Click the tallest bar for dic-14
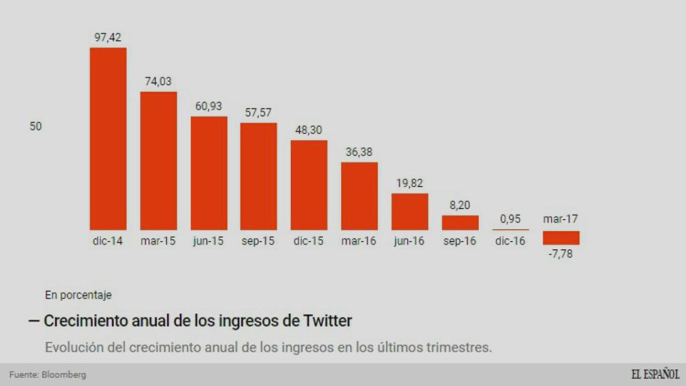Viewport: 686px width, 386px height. tap(108, 139)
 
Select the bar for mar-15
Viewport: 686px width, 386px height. tap(158, 161)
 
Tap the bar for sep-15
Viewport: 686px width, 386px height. tap(259, 176)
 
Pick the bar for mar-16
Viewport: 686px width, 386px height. tap(359, 196)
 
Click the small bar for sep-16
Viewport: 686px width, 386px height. tap(460, 222)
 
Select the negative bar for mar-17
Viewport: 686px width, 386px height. tap(561, 238)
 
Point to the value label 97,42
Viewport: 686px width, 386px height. tap(108, 38)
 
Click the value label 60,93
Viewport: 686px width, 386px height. tap(208, 106)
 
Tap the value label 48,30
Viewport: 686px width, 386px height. tap(309, 130)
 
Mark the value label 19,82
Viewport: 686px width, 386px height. tap(409, 183)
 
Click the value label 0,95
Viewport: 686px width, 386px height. tap(510, 218)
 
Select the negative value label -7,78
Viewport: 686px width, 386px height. tap(561, 254)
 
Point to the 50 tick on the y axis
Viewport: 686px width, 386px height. tap(36, 126)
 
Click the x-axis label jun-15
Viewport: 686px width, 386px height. tap(208, 241)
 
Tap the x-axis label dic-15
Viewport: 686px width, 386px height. tap(309, 241)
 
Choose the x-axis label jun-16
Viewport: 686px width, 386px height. tap(409, 241)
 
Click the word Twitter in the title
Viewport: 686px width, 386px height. tap(327, 321)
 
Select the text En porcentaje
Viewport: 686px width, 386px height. tap(78, 294)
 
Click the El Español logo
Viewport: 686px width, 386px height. tap(655, 375)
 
